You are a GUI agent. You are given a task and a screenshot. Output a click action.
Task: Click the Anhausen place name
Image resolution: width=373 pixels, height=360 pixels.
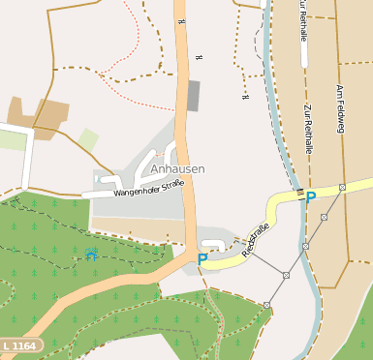coord(178,168)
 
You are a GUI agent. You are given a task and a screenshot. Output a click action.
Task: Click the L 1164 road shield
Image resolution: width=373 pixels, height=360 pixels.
coord(20,345)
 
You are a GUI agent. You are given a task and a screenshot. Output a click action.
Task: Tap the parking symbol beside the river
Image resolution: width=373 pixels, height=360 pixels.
coord(311,196)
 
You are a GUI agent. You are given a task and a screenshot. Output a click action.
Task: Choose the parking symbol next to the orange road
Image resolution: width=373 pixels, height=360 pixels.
coord(202,258)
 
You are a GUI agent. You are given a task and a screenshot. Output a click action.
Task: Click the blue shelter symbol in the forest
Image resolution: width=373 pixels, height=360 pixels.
coord(91,255)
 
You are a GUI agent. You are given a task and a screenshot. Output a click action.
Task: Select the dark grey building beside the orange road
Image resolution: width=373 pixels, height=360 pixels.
coord(193,96)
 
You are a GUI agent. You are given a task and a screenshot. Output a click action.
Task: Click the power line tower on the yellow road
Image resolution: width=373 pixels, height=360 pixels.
coord(342,187)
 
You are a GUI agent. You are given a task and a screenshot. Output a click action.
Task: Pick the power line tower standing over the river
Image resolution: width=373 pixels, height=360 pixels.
coord(306,246)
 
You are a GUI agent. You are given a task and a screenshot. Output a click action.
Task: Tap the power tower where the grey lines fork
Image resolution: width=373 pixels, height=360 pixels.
coord(286,275)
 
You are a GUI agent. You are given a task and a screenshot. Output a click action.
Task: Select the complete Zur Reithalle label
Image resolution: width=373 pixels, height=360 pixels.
coord(308,131)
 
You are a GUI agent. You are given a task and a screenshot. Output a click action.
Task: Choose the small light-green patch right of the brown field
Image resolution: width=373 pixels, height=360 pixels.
coord(88,138)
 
